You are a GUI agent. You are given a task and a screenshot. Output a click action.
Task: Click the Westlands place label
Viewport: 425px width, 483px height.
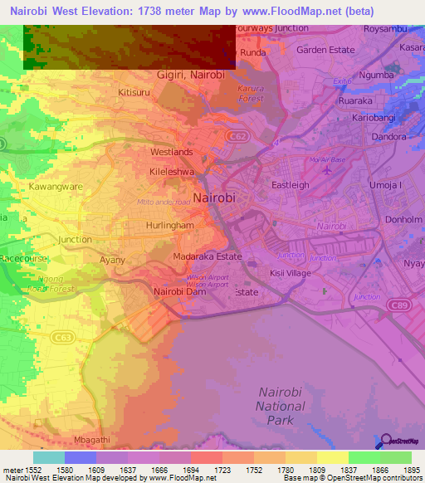coord(171,153)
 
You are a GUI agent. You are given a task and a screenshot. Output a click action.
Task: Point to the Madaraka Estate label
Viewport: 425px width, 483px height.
coord(208,257)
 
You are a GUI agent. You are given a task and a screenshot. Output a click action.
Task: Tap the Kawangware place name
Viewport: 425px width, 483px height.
coord(55,187)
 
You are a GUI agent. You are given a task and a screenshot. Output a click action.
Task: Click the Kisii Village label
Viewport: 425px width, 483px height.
coord(290,272)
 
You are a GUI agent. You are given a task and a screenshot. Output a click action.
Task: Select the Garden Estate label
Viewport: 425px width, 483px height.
coord(325,50)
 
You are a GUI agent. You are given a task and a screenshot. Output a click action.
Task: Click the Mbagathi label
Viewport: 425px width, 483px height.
coord(91,439)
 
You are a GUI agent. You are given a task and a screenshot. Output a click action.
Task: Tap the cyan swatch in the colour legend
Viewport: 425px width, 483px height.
coord(48,457)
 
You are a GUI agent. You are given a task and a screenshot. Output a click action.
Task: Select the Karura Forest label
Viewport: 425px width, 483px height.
coord(250,93)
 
